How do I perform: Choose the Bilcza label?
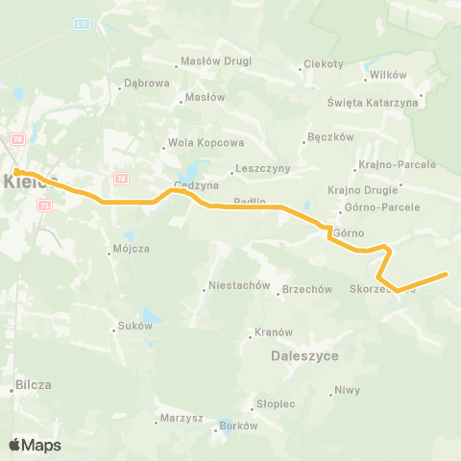[x=33, y=385]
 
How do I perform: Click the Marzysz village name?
[x=182, y=419]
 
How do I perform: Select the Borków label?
[x=239, y=425]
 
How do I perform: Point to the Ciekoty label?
[x=323, y=64]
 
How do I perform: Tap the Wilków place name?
[x=389, y=75]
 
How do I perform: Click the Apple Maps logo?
[x=35, y=446]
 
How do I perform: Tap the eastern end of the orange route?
[x=446, y=275]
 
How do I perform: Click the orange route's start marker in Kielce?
[x=17, y=172]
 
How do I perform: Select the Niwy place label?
[x=347, y=391]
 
